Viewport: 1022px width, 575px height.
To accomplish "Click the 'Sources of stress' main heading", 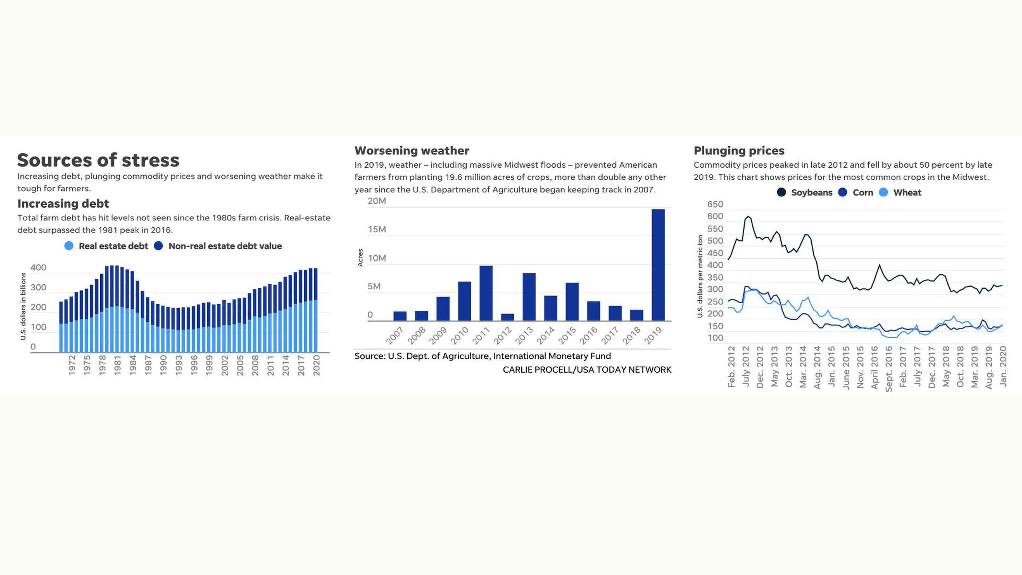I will click(98, 160).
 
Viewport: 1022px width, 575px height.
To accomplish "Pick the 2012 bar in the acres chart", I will click(507, 317).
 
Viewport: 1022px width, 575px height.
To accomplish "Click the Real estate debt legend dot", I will click(69, 246).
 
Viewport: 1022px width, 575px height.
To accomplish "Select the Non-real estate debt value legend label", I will click(225, 246).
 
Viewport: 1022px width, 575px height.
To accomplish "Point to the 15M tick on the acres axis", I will click(377, 230).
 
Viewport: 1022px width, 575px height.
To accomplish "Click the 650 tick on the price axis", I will click(715, 204).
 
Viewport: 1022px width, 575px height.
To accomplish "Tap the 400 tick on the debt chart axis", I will click(38, 268).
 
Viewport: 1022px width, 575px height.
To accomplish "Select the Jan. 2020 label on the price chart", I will click(1002, 366).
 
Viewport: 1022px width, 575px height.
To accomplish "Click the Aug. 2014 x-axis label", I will click(817, 367).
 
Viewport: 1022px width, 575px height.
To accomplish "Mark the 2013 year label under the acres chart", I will click(524, 335).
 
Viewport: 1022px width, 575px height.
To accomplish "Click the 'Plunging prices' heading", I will click(739, 151).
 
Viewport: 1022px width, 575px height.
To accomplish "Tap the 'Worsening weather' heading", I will click(412, 151).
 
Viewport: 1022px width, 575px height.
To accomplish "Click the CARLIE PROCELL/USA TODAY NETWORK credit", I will click(586, 370).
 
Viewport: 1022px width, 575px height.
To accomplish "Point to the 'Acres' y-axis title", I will click(360, 258).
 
